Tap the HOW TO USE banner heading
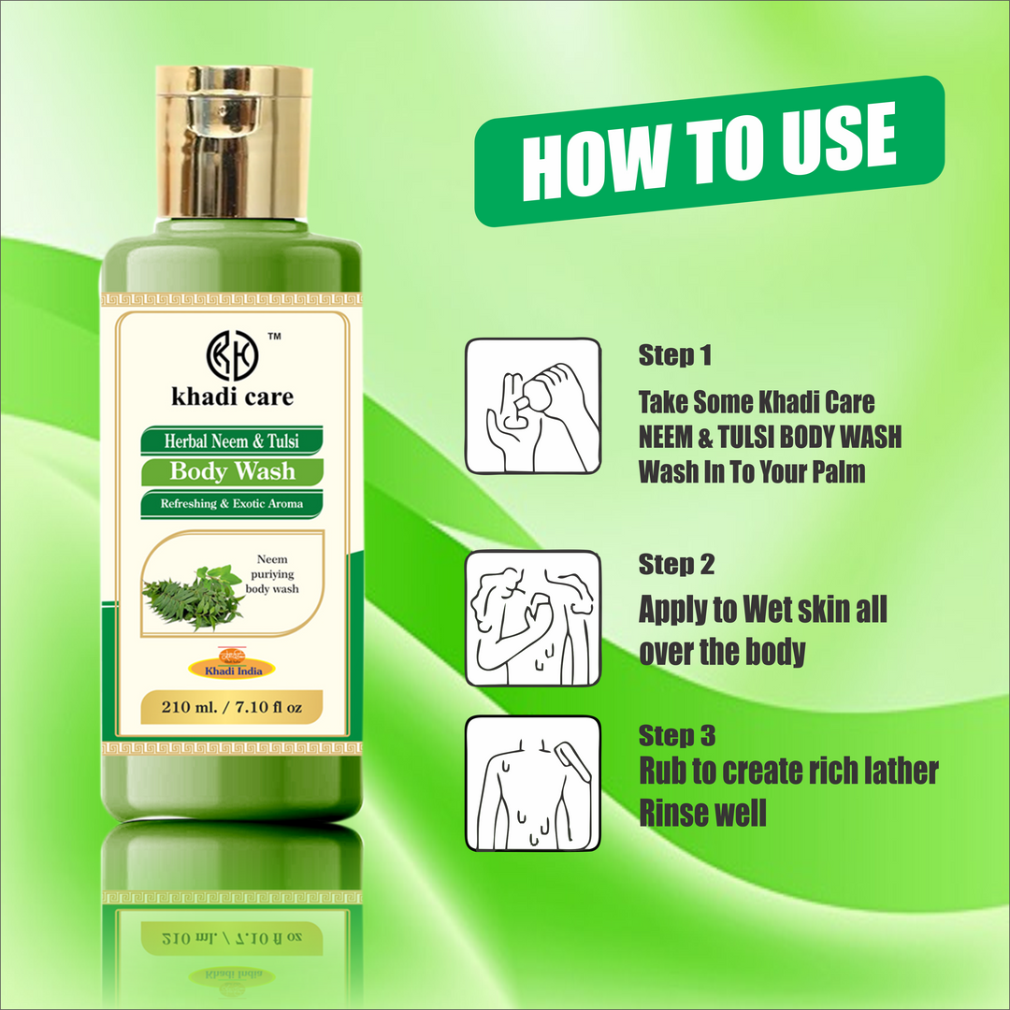[x=709, y=151]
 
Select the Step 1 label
[x=675, y=355]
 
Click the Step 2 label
[x=675, y=565]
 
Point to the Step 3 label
[x=677, y=735]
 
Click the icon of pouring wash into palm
[x=533, y=406]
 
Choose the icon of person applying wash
[x=533, y=618]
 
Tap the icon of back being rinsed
[x=533, y=784]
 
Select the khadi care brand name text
[x=231, y=397]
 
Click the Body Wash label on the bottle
[x=232, y=471]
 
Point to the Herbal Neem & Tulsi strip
[x=232, y=439]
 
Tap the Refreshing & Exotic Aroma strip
[x=232, y=504]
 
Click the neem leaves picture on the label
[x=193, y=597]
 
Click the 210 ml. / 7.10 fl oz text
[x=232, y=707]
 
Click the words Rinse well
[x=702, y=813]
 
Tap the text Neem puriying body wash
[x=271, y=576]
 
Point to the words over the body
[x=722, y=652]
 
